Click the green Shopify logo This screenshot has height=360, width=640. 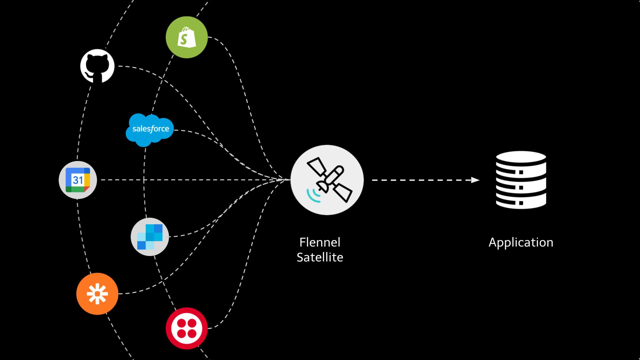186,37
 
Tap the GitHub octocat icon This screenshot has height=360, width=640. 97,66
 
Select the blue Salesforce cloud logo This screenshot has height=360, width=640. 150,130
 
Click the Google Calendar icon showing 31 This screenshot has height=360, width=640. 78,180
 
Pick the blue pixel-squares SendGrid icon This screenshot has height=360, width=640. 150,237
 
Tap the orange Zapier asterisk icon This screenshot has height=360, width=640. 97,294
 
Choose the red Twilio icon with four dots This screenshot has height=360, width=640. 186,328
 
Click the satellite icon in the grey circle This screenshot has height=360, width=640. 327,180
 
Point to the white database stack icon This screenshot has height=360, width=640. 521,180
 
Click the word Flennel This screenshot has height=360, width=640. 320,242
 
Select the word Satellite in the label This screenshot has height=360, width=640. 320,257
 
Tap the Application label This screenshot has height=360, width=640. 521,242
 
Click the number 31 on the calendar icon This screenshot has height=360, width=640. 78,180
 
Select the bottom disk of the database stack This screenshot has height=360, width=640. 521,202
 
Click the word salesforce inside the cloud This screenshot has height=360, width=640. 151,129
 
